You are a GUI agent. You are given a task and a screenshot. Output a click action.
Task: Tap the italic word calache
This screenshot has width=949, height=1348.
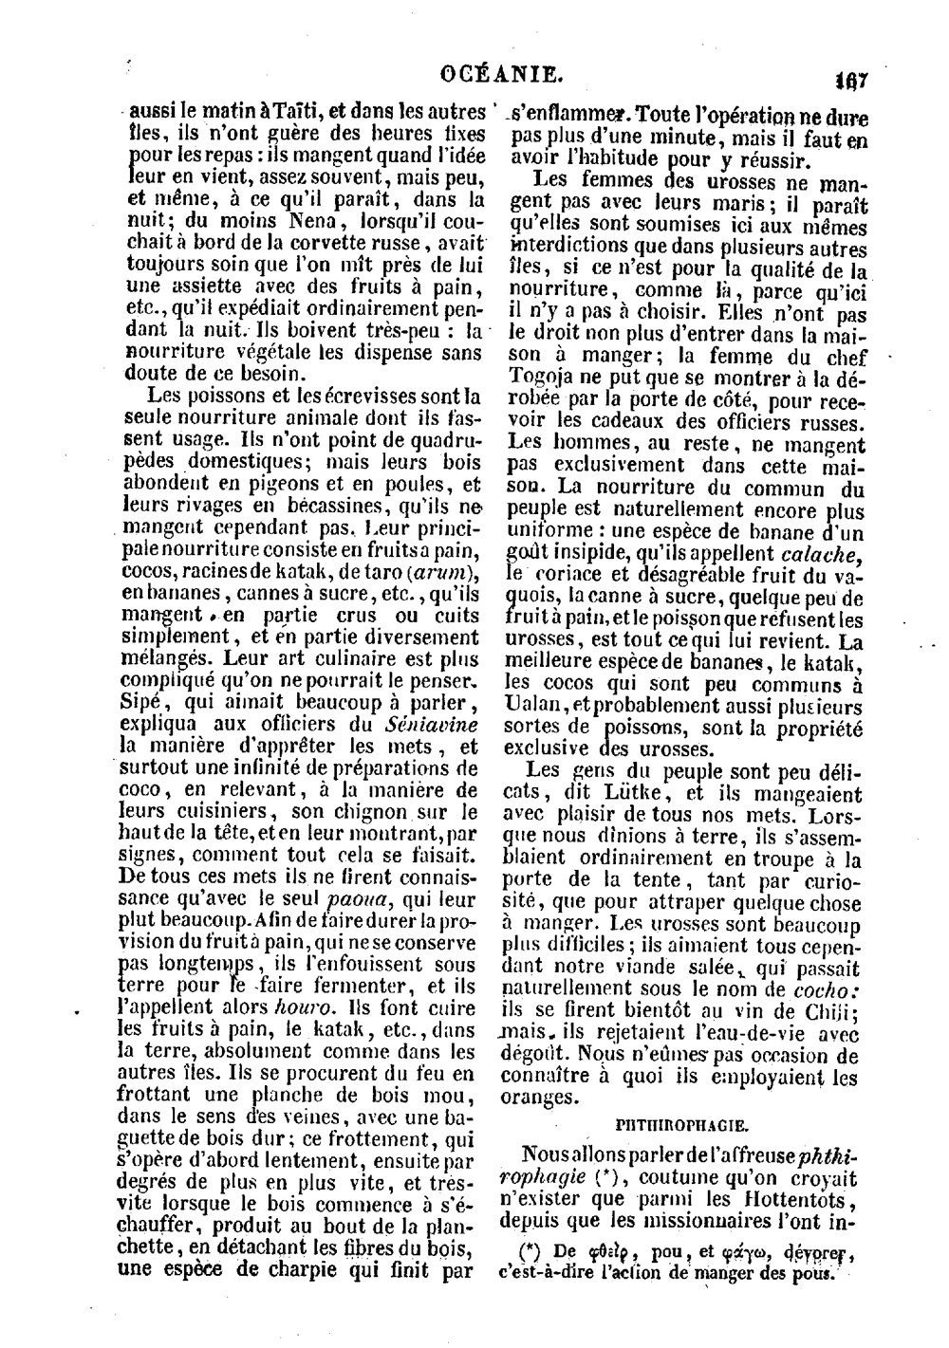[x=821, y=554]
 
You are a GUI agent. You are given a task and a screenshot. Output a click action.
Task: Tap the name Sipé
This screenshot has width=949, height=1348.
[x=144, y=702]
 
